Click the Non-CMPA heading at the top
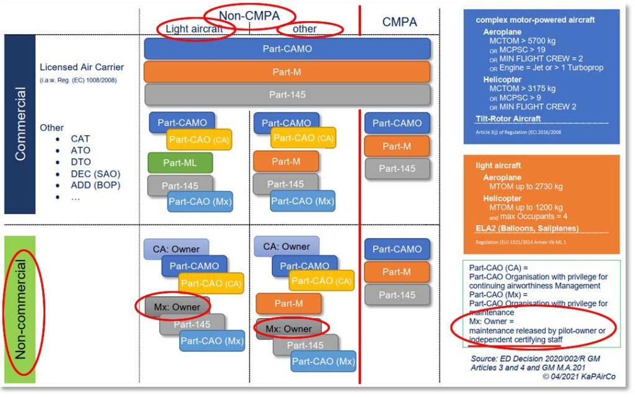point(249,16)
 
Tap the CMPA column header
point(400,22)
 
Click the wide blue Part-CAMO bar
point(287,48)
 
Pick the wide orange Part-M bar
point(287,72)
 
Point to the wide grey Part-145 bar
point(287,95)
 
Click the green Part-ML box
point(180,163)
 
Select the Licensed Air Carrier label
point(81,67)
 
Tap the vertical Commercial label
point(20,124)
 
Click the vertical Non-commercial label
point(20,308)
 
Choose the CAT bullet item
point(80,139)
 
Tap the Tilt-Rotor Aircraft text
point(508,118)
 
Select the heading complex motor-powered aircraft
point(535,20)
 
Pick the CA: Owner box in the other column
point(286,246)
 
